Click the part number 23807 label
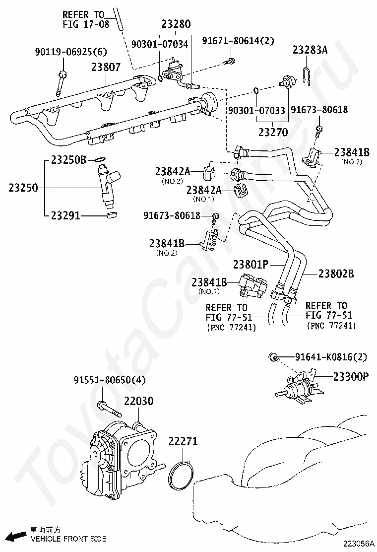(x=106, y=67)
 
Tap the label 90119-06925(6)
(x=71, y=52)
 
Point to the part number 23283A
(x=310, y=50)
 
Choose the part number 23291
(x=65, y=216)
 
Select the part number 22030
(x=138, y=401)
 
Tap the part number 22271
(x=183, y=441)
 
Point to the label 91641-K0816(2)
(x=331, y=357)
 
